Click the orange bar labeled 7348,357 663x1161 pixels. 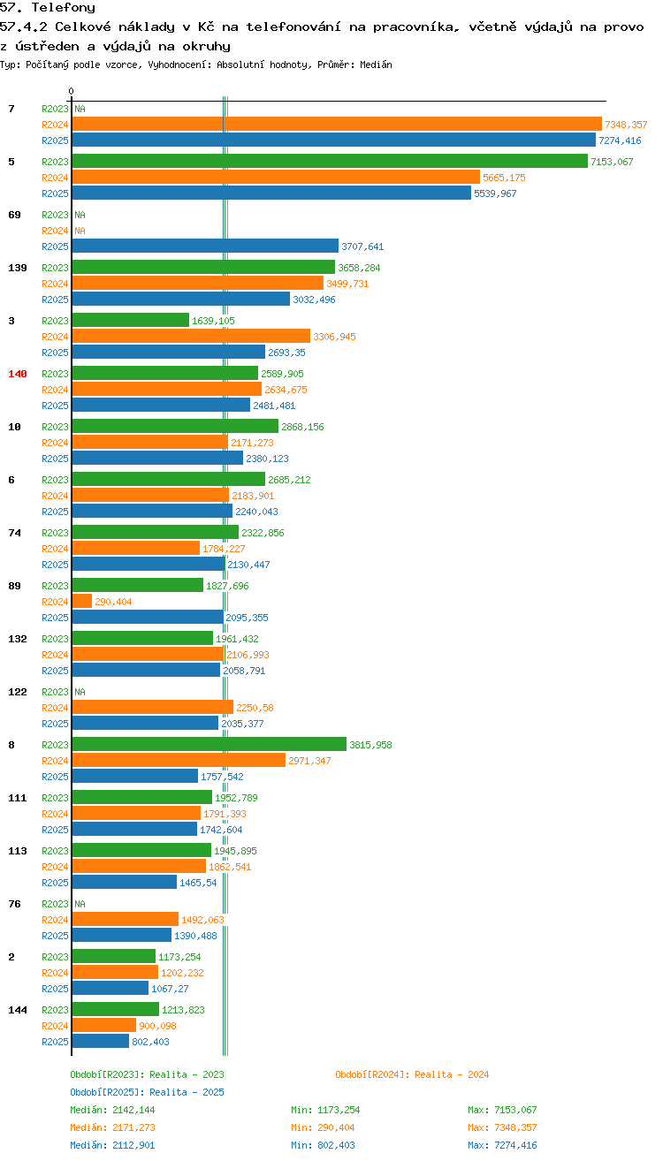337,125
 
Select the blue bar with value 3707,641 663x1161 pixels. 205,247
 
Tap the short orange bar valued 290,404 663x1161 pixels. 82,601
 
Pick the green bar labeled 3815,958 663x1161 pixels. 209,744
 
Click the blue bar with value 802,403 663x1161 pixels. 101,1041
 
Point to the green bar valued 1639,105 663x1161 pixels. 131,321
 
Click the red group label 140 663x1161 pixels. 18,374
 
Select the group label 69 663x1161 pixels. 14,215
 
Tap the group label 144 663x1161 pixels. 18,1010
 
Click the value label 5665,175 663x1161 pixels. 505,178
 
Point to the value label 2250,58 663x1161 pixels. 255,708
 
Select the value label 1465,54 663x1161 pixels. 198,883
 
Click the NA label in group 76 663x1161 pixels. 80,904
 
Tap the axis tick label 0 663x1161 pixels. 71,91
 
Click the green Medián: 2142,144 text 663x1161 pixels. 112,1110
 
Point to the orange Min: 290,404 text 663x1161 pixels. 323,1127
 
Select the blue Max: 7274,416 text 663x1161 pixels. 502,1145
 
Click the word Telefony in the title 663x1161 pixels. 64,7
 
